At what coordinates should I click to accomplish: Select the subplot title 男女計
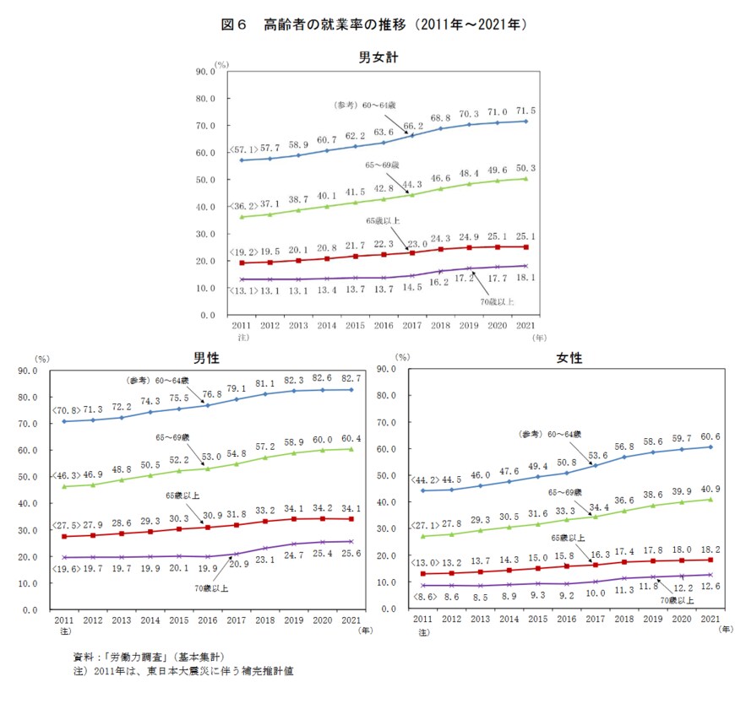(378, 57)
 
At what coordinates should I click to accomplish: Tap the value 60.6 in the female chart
(712, 436)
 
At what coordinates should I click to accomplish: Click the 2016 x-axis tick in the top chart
(384, 325)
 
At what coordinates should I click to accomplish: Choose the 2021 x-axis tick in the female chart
(711, 620)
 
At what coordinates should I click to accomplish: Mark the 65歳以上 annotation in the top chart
(383, 219)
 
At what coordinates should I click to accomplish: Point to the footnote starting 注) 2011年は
(182, 672)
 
